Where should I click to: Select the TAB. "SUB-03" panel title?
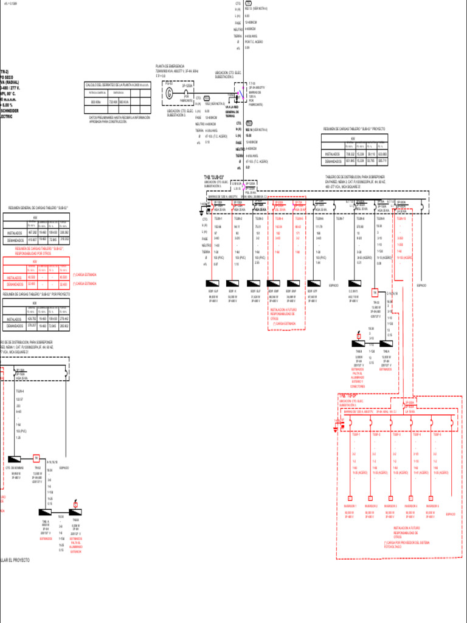pos(215,177)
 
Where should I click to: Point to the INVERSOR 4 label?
pos(412,506)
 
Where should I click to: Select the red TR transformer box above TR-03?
pos(376,292)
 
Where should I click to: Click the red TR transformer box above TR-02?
pos(36,458)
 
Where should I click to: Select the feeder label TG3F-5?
pos(435,434)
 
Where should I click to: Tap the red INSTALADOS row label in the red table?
pos(15,277)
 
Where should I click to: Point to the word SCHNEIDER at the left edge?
pos(10,111)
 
